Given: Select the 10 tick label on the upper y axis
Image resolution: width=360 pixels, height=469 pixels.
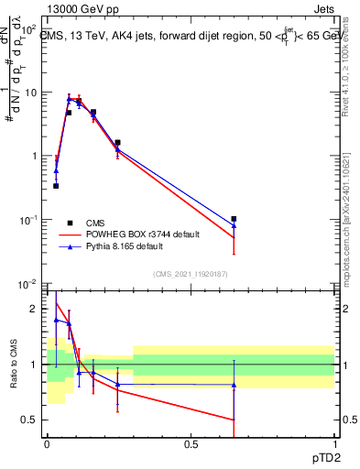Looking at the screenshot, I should coord(31,93).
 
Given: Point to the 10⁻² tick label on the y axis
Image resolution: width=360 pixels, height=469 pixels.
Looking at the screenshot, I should coord(29,284).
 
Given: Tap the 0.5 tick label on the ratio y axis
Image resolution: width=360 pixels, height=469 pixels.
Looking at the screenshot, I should coord(32,420).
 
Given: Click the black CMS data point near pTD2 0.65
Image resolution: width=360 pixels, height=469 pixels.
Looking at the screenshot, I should coord(235,219).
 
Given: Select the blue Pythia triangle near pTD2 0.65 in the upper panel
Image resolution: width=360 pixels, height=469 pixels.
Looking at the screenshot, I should coord(235,226).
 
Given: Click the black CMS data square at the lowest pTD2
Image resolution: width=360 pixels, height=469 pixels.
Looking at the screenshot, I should coord(56,186).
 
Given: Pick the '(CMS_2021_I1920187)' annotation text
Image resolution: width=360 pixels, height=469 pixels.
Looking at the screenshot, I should coord(191,273).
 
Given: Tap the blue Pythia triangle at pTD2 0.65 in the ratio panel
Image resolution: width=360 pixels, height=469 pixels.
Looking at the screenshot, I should coord(235,386).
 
